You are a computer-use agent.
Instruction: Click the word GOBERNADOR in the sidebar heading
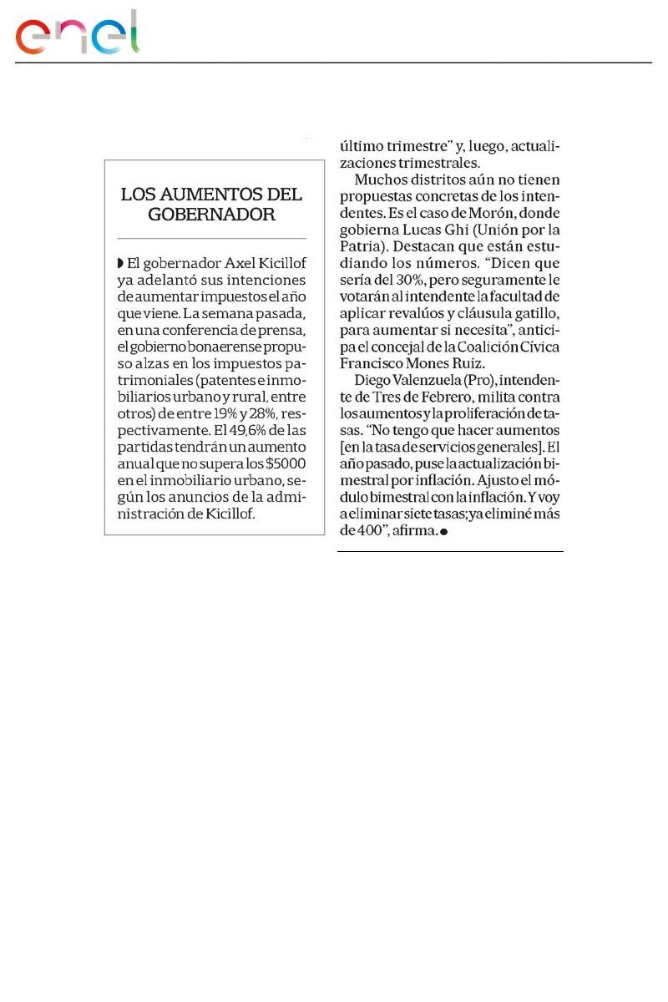(211, 215)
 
